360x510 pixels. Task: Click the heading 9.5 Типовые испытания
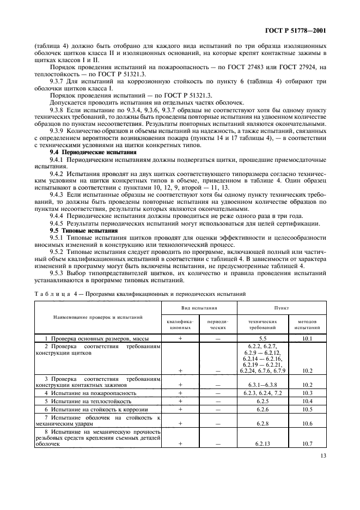74,231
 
